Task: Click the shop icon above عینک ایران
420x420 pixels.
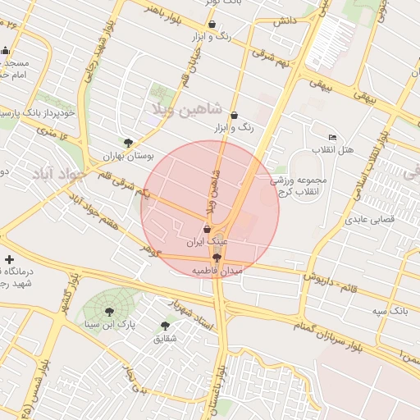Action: click(206, 230)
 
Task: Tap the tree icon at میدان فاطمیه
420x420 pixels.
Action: click(216, 258)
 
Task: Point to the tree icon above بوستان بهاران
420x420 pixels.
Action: click(127, 142)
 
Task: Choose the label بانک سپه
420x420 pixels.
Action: click(390, 312)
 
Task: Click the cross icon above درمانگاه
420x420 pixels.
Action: click(9, 259)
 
